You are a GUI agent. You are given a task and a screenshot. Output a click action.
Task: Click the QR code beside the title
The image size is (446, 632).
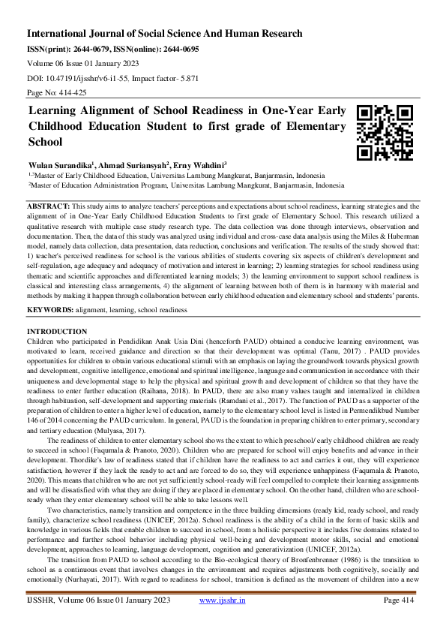[x=384, y=133]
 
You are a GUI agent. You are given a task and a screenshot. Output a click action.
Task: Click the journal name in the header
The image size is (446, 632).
[x=165, y=34]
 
